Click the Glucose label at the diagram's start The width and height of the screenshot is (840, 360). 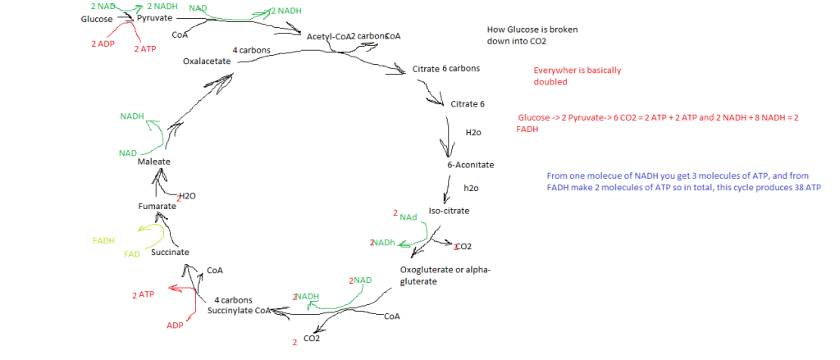click(x=97, y=19)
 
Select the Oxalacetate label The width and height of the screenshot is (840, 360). click(x=206, y=61)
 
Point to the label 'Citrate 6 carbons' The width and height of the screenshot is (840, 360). click(x=446, y=68)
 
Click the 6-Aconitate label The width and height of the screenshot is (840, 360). click(x=471, y=165)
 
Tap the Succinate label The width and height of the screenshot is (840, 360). click(x=171, y=253)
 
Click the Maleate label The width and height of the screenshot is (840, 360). click(x=153, y=162)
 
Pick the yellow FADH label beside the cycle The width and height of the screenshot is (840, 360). click(x=103, y=241)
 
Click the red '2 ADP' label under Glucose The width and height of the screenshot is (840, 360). click(x=103, y=43)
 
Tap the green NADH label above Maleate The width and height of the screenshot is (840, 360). click(x=132, y=116)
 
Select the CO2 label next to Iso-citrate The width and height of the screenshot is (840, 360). click(x=463, y=246)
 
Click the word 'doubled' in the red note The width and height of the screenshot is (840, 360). click(x=550, y=82)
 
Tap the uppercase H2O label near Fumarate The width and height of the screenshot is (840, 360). click(x=187, y=196)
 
